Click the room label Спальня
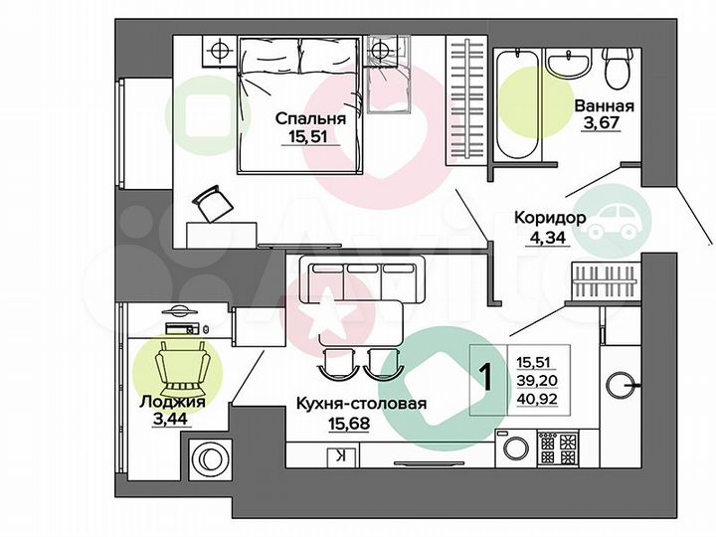pyautogui.click(x=310, y=119)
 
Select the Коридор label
pyautogui.click(x=550, y=217)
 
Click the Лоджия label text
pyautogui.click(x=173, y=403)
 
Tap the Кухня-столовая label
pyautogui.click(x=362, y=403)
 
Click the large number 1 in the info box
pyautogui.click(x=486, y=378)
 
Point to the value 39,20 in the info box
pyautogui.click(x=537, y=379)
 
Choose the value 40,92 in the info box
pyautogui.click(x=537, y=398)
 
